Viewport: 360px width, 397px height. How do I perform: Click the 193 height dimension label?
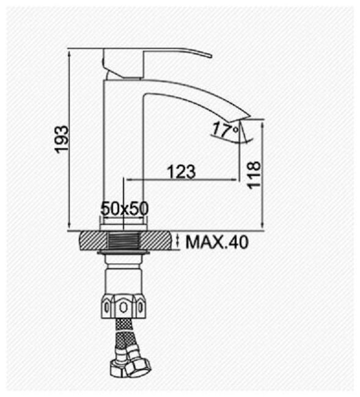pos(62,139)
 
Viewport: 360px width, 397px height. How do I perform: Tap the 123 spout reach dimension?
pos(182,171)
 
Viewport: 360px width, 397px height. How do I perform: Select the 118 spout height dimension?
pos(254,175)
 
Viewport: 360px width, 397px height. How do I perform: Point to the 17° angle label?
pos(225,129)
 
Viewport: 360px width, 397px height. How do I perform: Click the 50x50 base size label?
pos(125,209)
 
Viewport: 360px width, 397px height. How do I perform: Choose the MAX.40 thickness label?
pos(218,242)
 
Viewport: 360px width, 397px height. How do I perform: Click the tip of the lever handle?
pos(210,56)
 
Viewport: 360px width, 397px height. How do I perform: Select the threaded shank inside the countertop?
pos(123,242)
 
